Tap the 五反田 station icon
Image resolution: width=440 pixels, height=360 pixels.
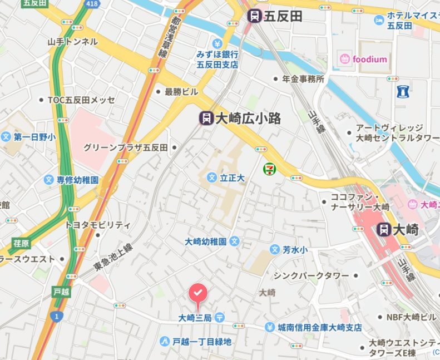pyautogui.click(x=255, y=16)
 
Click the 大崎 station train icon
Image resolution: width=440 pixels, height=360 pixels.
pyautogui.click(x=383, y=229)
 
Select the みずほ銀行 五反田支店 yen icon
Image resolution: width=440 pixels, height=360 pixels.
pyautogui.click(x=217, y=43)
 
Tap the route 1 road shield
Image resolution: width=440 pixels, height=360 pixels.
pyautogui.click(x=56, y=316)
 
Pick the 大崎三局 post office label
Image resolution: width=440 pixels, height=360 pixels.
pyautogui.click(x=195, y=318)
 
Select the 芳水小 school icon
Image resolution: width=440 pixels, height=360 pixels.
pyautogui.click(x=274, y=250)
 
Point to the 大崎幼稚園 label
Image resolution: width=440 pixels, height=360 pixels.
pyautogui.click(x=206, y=241)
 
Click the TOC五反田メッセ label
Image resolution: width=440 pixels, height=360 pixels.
pyautogui.click(x=81, y=100)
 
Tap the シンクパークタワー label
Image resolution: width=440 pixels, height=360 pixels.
pyautogui.click(x=310, y=276)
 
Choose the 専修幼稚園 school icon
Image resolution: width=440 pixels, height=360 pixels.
pyautogui.click(x=49, y=180)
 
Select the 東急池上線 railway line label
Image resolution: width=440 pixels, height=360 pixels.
pyautogui.click(x=113, y=257)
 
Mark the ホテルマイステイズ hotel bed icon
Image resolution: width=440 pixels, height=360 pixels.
pyautogui.click(x=379, y=21)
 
